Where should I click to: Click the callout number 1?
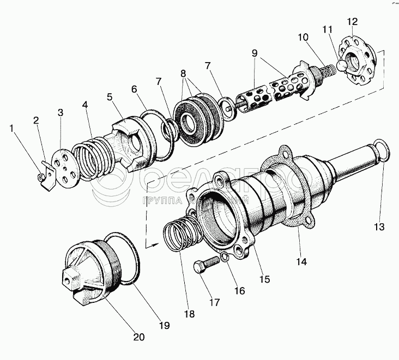11,129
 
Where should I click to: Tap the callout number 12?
352,21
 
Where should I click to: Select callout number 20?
139,337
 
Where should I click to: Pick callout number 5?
110,98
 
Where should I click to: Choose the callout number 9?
253,54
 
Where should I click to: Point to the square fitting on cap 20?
70,279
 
